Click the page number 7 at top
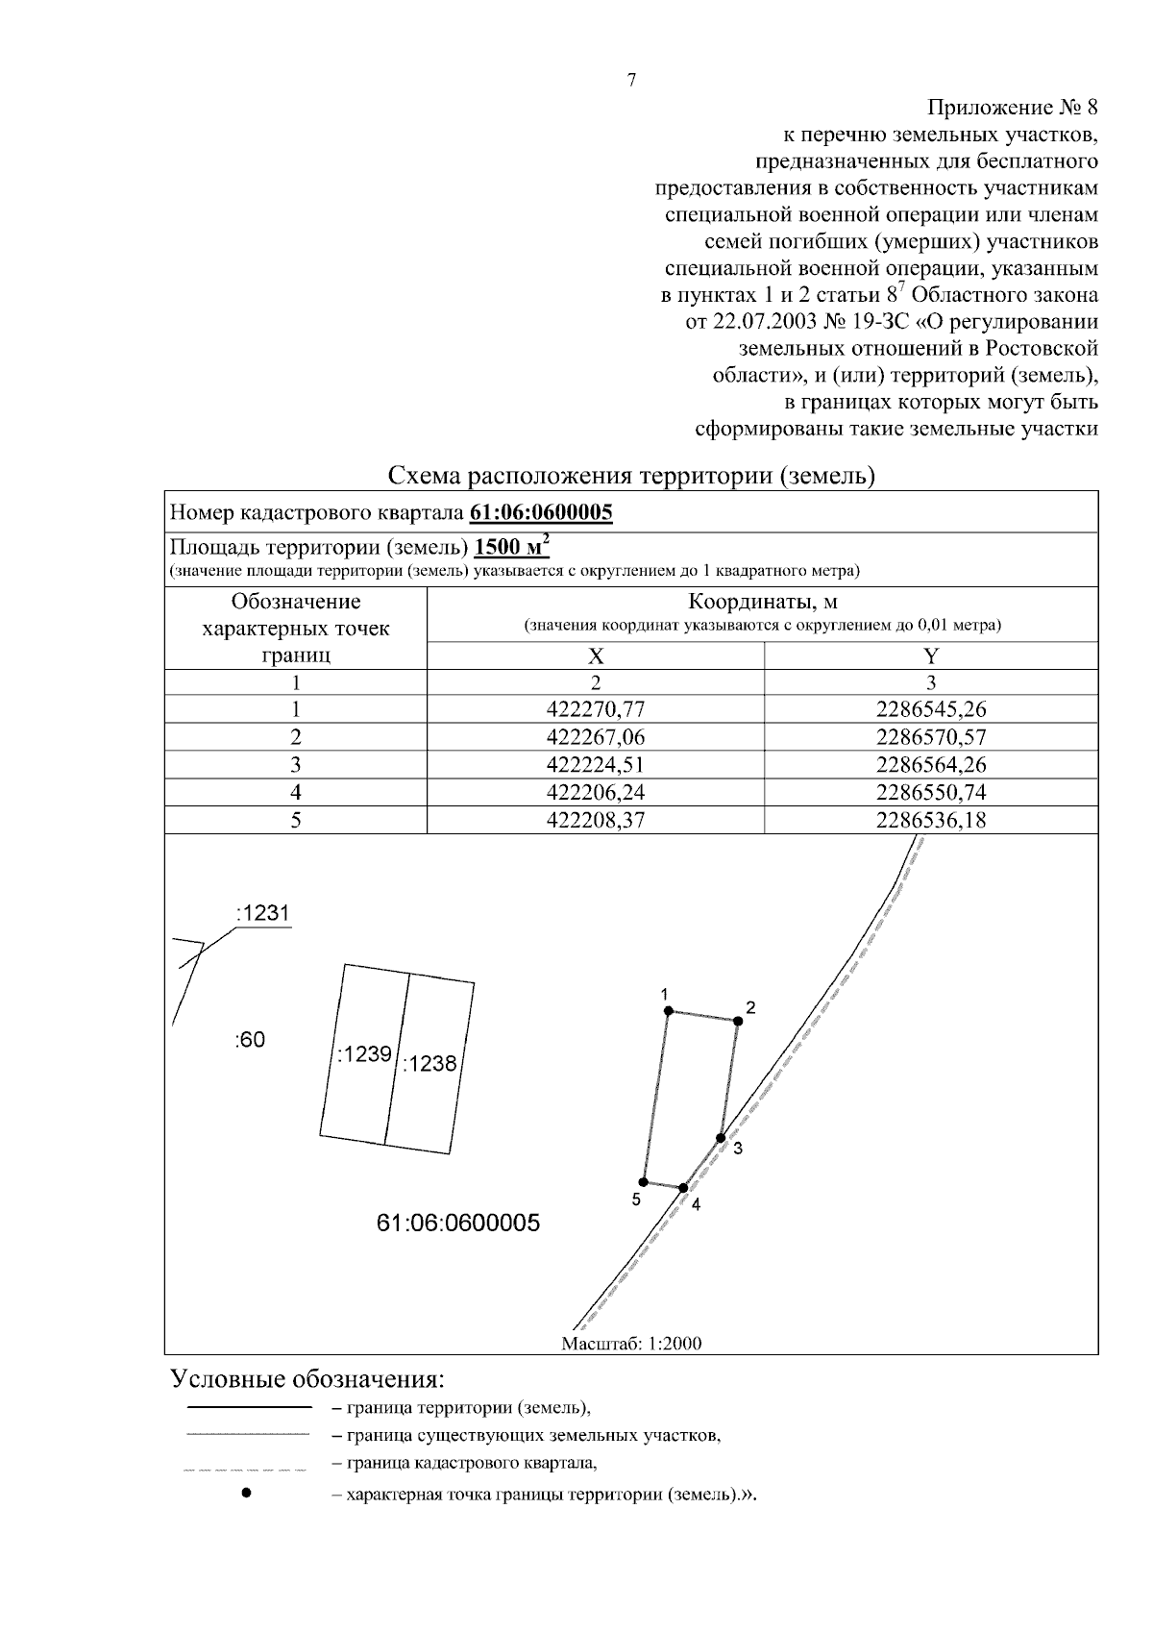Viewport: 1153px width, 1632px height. [x=631, y=81]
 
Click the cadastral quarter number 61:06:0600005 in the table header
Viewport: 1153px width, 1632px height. [x=541, y=512]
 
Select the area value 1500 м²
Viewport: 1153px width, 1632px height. [x=512, y=547]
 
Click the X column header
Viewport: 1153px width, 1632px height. [x=596, y=655]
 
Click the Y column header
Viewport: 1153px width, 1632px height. [x=931, y=655]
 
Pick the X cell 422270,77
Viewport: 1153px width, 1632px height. [x=596, y=709]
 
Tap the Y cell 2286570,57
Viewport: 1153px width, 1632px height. [x=931, y=737]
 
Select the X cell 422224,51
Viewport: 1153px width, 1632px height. [x=596, y=765]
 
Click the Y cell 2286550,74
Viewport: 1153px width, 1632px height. [x=931, y=792]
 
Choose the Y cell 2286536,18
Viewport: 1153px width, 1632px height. [x=931, y=820]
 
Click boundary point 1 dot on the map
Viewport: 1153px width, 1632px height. [x=668, y=1010]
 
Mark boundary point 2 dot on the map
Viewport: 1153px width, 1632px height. [x=739, y=1021]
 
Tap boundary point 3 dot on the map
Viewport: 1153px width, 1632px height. [x=721, y=1138]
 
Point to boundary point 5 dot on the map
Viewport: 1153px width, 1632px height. [x=643, y=1182]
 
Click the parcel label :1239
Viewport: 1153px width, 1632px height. [x=364, y=1054]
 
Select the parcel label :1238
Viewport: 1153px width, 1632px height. [x=429, y=1064]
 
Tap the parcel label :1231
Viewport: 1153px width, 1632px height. [x=262, y=913]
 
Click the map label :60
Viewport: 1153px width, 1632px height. [x=250, y=1040]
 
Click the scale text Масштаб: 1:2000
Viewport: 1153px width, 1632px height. [x=631, y=1343]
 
